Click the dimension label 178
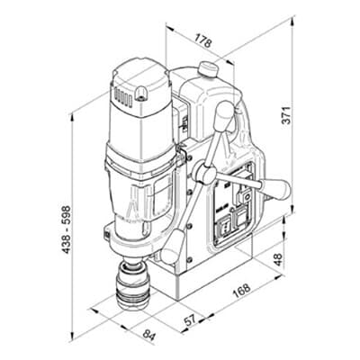click(203, 40)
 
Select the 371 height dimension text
click(287, 115)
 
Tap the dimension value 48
click(278, 259)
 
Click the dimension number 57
click(190, 320)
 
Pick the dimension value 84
click(148, 335)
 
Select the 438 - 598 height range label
click(66, 229)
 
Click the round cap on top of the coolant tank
click(208, 69)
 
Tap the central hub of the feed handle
click(205, 174)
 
